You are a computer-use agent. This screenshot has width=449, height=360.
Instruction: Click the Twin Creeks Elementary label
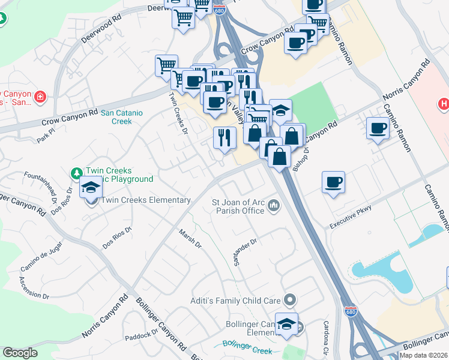click(x=146, y=200)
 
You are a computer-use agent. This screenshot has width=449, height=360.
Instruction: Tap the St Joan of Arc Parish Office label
click(x=238, y=206)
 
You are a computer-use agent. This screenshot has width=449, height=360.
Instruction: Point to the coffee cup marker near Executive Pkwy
click(x=333, y=182)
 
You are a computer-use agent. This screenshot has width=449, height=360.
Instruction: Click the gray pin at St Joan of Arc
click(x=274, y=206)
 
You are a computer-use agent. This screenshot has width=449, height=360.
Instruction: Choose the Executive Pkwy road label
click(x=351, y=217)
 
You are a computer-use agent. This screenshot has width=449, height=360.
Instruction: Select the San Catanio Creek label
click(x=116, y=116)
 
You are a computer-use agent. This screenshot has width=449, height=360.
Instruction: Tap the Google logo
click(x=20, y=353)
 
